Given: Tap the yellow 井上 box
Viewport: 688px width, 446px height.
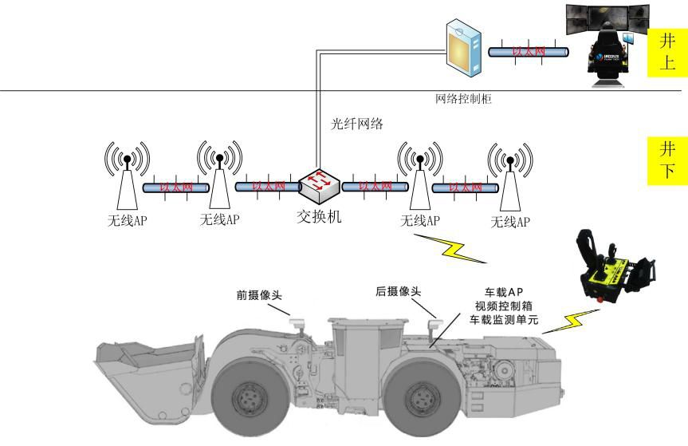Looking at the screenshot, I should [x=667, y=52].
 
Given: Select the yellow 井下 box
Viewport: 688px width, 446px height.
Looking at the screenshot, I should [x=667, y=159].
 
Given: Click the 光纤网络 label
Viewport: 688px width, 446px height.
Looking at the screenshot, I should [x=356, y=124].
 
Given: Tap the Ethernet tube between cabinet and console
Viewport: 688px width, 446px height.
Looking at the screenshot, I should [x=528, y=51].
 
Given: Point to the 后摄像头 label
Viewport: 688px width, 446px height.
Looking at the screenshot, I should [x=398, y=293].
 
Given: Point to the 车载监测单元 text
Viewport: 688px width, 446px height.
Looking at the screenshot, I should [x=504, y=320].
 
